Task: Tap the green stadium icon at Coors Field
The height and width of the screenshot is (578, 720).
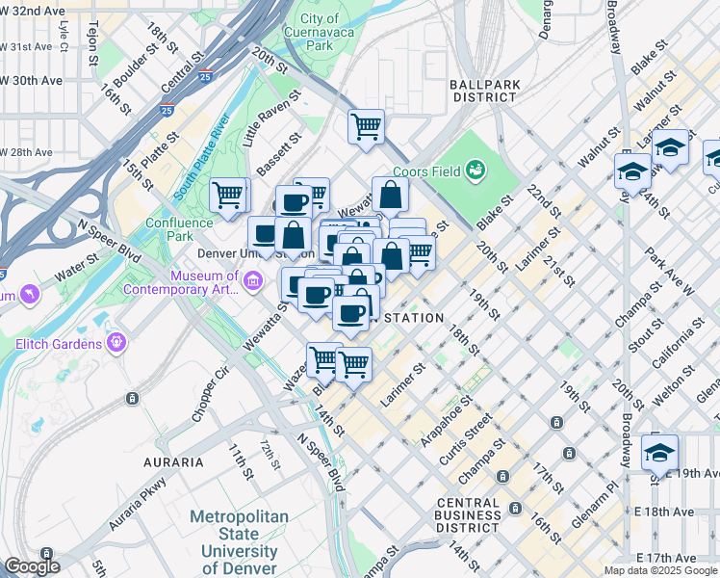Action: pyautogui.click(x=474, y=171)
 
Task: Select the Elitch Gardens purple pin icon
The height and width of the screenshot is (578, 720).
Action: pyautogui.click(x=117, y=341)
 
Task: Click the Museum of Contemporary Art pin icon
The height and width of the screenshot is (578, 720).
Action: pyautogui.click(x=253, y=280)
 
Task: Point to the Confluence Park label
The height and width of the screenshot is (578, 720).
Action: pyautogui.click(x=178, y=229)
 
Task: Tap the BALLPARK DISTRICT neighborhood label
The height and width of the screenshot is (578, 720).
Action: pyautogui.click(x=484, y=91)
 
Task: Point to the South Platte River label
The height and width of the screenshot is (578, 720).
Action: pyautogui.click(x=202, y=156)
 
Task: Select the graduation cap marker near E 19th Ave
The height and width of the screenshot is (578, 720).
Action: pyautogui.click(x=659, y=451)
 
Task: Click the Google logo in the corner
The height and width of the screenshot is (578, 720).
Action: pyautogui.click(x=31, y=566)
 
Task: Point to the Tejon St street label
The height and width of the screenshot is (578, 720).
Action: pyautogui.click(x=93, y=46)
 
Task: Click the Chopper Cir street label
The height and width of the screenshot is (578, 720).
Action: pyautogui.click(x=208, y=393)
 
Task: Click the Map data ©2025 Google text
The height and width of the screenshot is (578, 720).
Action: pyautogui.click(x=659, y=570)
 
